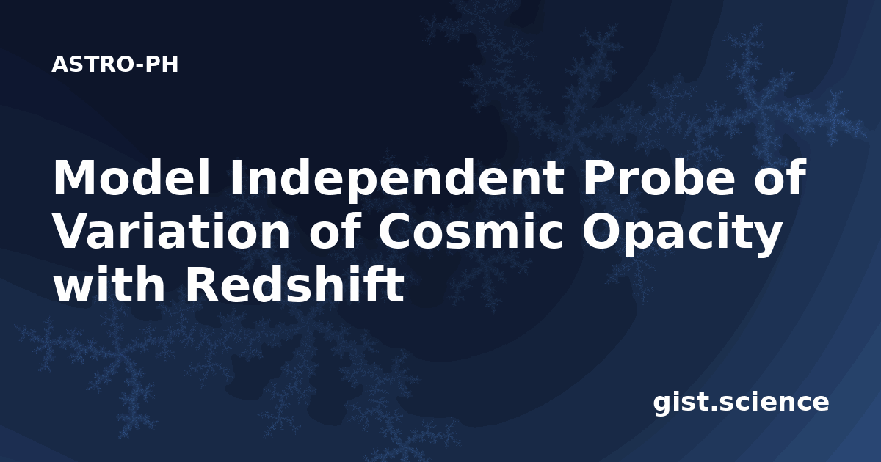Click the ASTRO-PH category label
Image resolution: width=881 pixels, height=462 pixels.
115,65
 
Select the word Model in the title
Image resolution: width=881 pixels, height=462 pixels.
131,177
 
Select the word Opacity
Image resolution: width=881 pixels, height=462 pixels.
681,235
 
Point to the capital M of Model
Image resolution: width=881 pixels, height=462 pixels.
75,177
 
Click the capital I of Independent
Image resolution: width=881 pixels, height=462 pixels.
235,177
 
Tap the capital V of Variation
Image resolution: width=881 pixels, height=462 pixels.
75,232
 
